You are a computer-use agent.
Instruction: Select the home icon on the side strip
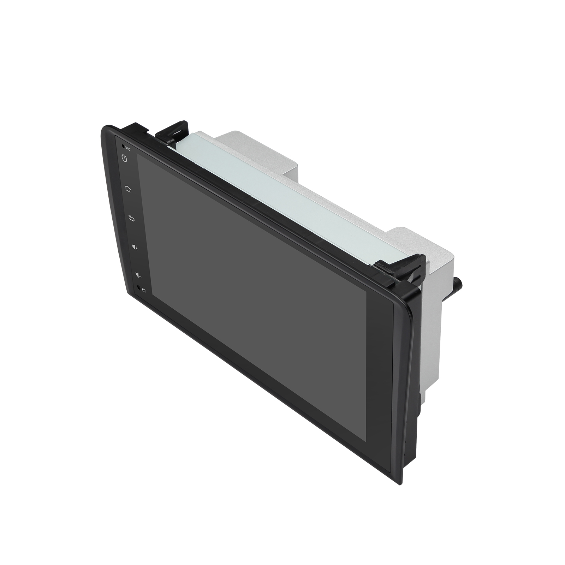(128, 189)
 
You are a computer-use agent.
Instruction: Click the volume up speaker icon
(135, 248)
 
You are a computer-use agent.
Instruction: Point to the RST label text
(144, 290)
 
